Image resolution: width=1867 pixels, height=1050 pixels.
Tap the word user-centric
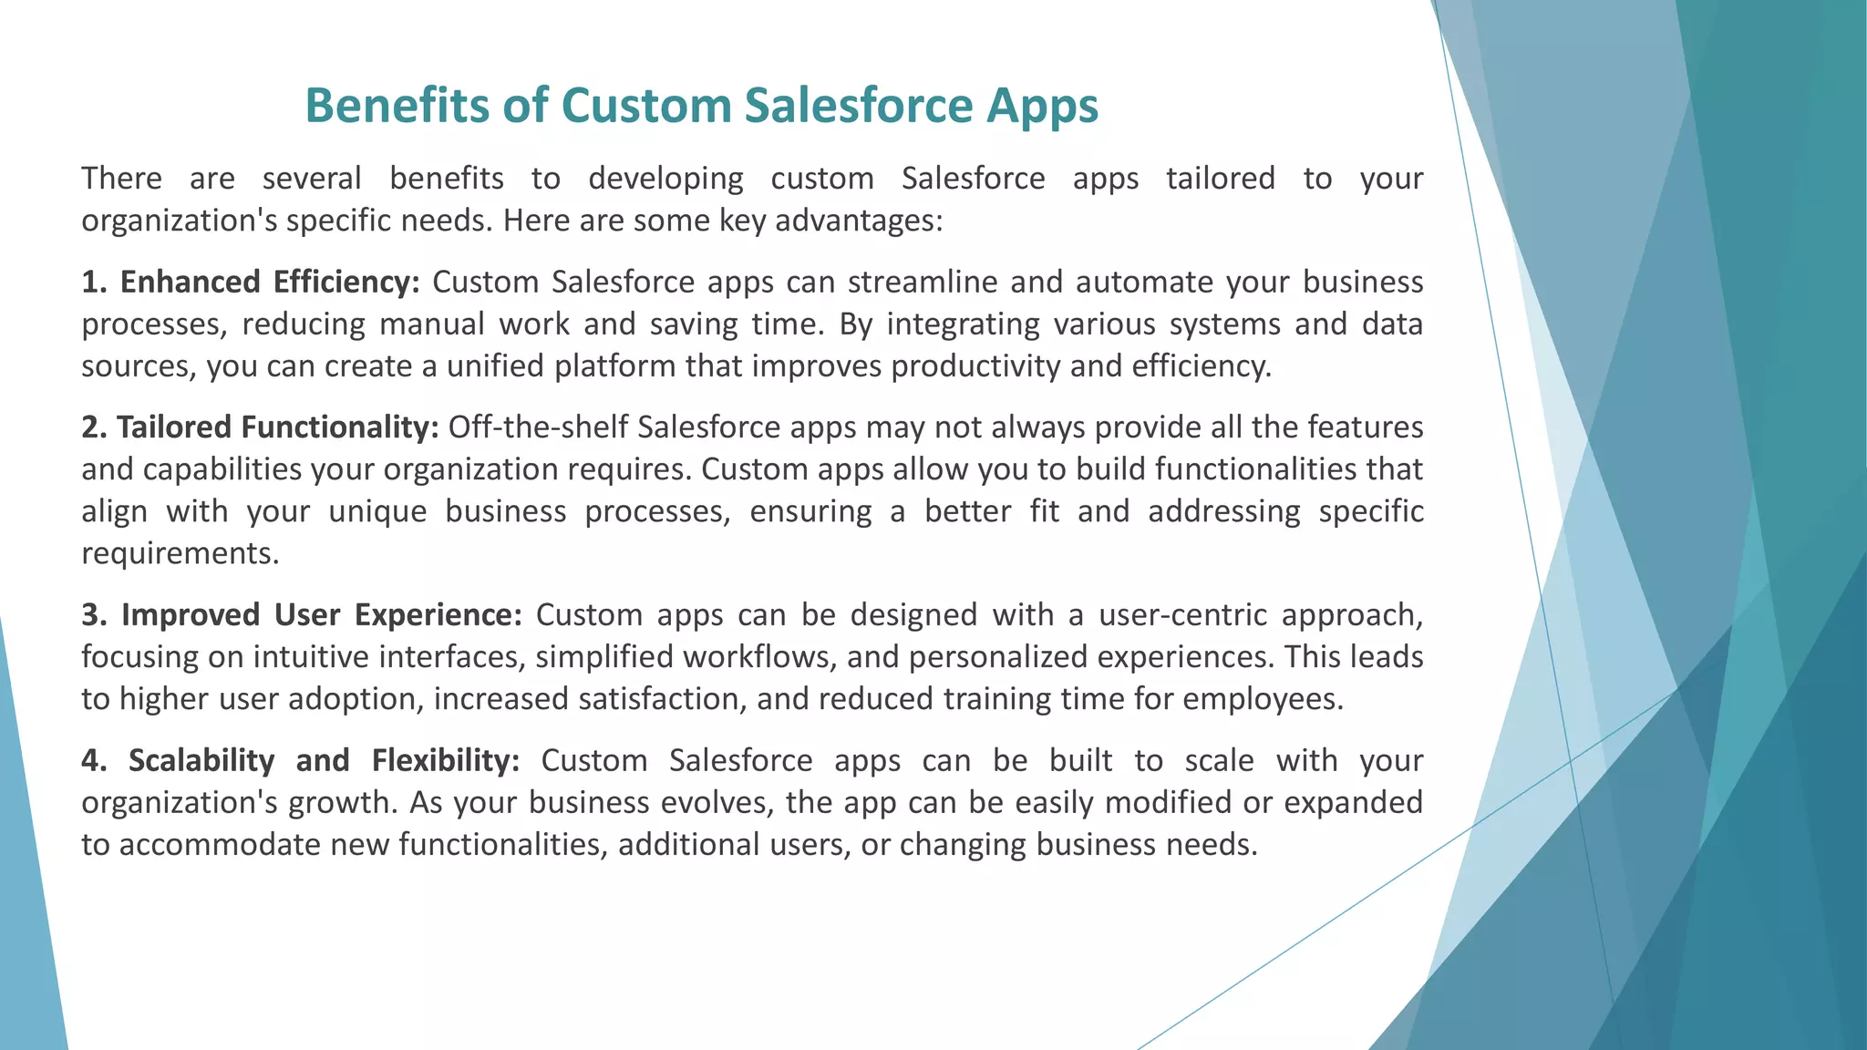(1182, 615)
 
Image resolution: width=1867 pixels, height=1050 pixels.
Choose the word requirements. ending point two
(180, 553)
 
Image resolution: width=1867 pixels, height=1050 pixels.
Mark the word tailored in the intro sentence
(1220, 178)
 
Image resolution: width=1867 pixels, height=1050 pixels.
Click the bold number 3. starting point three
(95, 615)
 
